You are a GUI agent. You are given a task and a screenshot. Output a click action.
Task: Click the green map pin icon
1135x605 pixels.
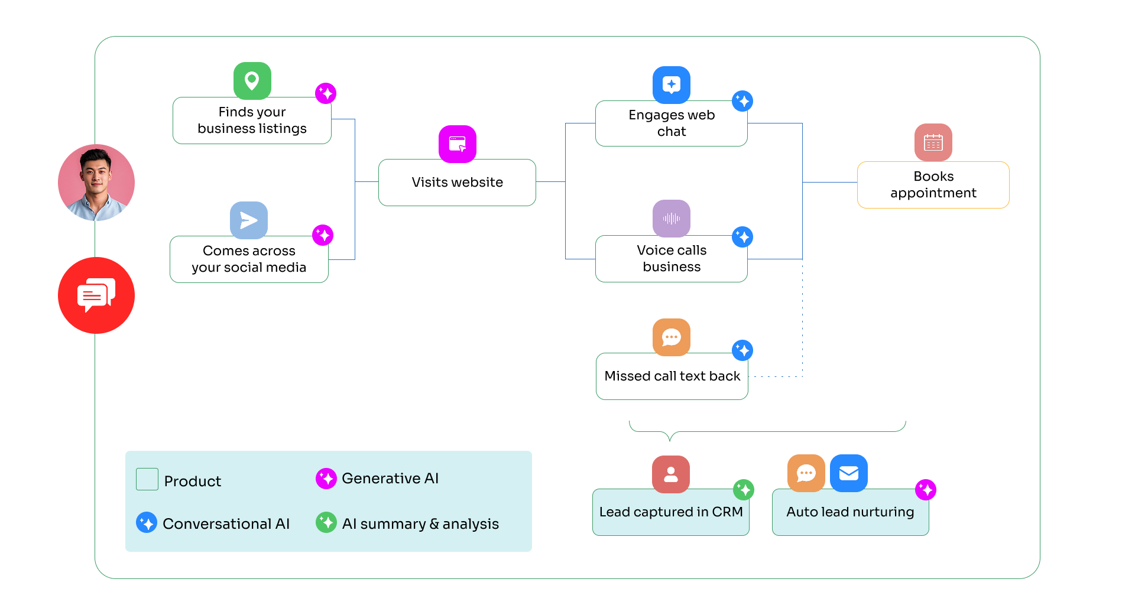point(252,81)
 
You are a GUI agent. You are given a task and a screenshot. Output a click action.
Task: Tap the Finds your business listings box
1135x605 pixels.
point(252,121)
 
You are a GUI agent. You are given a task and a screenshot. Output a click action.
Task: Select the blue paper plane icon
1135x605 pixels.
point(248,220)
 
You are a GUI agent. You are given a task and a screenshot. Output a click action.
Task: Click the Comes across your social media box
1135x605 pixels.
point(249,259)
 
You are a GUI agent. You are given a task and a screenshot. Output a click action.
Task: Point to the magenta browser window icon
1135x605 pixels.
point(457,144)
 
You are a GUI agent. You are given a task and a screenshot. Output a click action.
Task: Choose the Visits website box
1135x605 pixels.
point(457,183)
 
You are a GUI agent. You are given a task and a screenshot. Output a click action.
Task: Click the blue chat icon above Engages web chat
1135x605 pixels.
point(671,84)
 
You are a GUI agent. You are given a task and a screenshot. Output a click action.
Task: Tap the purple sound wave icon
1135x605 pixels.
point(671,219)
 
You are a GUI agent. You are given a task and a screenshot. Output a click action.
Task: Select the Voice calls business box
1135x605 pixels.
point(672,259)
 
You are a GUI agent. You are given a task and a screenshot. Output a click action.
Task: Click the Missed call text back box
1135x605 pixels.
point(672,376)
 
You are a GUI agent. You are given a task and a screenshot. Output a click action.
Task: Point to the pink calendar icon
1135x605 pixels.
point(933,142)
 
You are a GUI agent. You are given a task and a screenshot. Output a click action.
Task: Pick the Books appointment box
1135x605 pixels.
point(933,185)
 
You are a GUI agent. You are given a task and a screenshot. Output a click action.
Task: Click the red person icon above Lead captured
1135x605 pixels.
point(670,474)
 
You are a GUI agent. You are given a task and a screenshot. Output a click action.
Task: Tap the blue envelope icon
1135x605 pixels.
point(848,473)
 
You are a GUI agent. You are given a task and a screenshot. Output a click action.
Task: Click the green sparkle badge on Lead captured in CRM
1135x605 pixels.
point(744,490)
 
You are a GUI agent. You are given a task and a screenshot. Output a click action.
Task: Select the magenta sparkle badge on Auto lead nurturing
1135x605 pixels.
point(926,490)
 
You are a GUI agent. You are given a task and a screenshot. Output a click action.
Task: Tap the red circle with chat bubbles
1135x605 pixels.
point(96,295)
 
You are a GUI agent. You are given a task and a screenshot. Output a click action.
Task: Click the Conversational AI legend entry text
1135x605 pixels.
point(226,524)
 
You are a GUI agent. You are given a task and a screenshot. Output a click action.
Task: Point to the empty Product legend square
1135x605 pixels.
point(147,479)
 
